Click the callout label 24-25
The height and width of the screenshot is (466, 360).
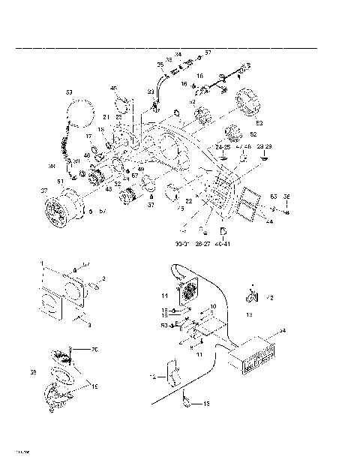point(222,148)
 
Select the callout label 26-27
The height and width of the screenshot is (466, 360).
point(202,243)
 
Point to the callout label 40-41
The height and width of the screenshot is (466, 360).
point(223,243)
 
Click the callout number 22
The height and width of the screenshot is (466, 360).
point(189,200)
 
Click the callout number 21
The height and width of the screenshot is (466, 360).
point(106,118)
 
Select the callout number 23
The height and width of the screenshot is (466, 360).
point(150,91)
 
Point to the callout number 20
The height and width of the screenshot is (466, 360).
point(94,349)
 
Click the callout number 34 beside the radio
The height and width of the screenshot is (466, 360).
point(282,331)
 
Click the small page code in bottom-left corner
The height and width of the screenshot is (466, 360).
point(22,452)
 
